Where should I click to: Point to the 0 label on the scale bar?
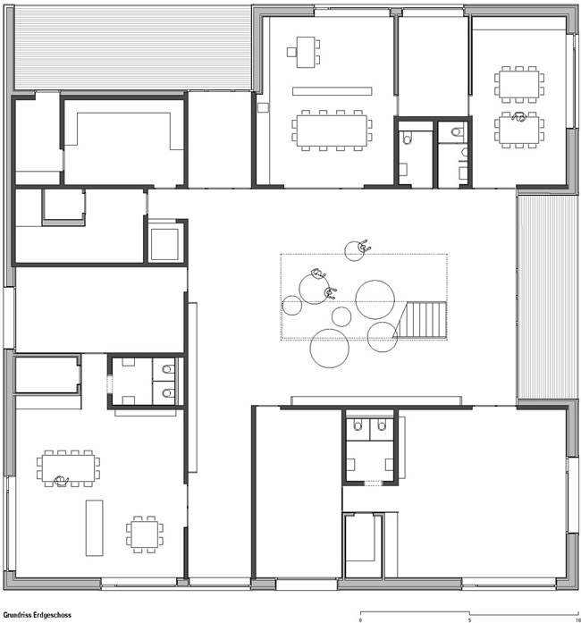[x=360, y=619]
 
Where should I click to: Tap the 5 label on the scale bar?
[x=470, y=619]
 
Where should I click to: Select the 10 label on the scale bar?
[x=577, y=619]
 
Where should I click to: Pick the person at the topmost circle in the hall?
[x=364, y=247]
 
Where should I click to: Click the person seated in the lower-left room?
[x=61, y=481]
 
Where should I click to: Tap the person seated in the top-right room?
[x=518, y=116]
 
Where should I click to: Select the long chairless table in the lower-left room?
[x=94, y=527]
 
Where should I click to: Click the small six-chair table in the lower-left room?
[x=145, y=535]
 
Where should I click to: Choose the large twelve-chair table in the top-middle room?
[x=332, y=130]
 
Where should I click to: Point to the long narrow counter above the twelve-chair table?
[x=333, y=91]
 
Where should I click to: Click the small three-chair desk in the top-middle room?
[x=304, y=52]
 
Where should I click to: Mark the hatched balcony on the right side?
[x=547, y=297]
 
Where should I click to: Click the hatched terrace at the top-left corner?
[x=132, y=47]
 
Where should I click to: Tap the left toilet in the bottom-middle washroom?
[x=358, y=426]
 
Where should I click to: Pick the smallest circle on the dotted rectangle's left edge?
[x=292, y=306]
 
